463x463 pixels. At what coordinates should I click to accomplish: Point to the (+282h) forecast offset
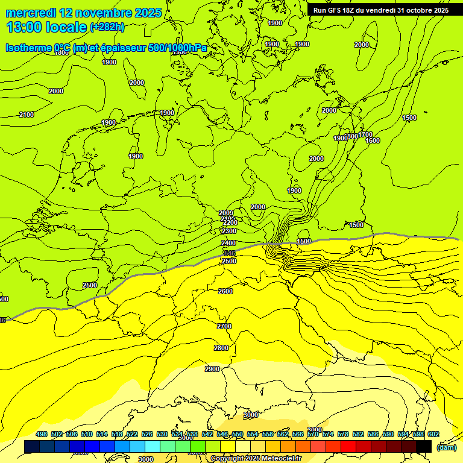107,27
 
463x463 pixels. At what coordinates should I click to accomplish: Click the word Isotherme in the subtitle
28,48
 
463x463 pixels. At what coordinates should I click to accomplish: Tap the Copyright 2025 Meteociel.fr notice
256,459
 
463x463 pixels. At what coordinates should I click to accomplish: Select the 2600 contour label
225,292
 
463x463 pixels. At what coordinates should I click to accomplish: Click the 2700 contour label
224,326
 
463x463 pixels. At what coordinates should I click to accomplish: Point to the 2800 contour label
221,348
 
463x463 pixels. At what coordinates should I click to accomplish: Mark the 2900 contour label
212,369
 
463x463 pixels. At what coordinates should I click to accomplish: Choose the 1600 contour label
373,140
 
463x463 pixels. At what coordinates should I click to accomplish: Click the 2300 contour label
229,231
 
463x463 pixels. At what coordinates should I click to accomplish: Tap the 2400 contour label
228,243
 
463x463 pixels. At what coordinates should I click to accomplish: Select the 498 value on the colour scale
42,434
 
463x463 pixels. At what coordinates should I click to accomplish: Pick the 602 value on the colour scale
433,434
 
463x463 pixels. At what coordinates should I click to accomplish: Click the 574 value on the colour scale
328,434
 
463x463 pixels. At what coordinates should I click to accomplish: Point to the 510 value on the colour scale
87,434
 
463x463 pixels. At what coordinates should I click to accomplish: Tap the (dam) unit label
446,447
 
